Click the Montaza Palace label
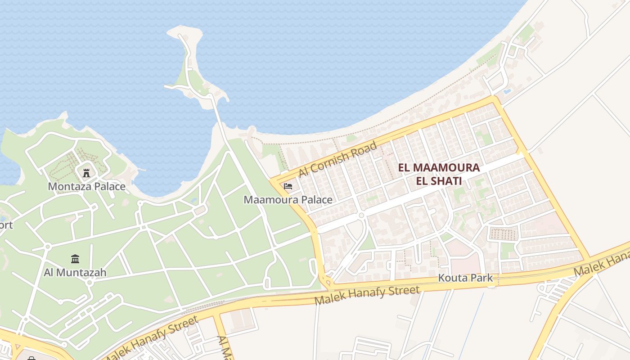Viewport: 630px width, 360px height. [x=86, y=186]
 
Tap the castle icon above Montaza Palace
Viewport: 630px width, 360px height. [x=86, y=172]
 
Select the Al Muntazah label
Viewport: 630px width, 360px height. [x=75, y=272]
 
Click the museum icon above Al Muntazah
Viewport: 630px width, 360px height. [x=75, y=259]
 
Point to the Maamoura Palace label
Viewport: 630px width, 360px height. [x=288, y=199]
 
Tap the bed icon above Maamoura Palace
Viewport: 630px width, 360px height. [x=288, y=186]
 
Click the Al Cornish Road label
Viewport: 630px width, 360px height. [x=337, y=159]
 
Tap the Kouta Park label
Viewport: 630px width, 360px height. [x=466, y=279]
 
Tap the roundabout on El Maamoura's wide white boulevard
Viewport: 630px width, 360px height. [x=361, y=216]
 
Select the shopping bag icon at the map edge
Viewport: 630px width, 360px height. [x=31, y=358]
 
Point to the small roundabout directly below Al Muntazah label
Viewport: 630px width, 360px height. [x=90, y=283]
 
